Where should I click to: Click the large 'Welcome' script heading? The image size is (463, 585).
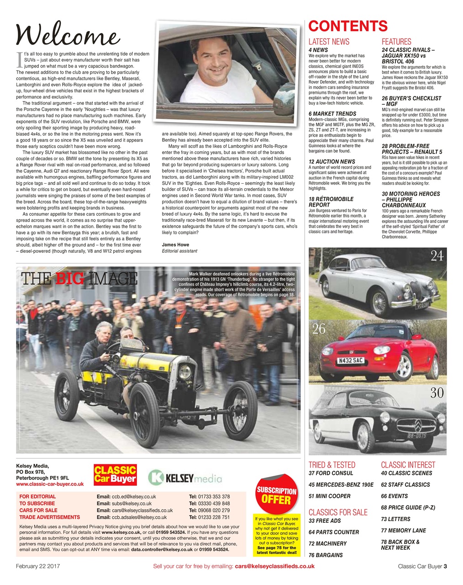point(68,34)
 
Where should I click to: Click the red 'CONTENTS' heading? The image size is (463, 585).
point(348,26)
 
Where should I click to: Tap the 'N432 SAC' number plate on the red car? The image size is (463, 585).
point(351,361)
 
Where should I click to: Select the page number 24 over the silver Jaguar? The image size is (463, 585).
point(437,256)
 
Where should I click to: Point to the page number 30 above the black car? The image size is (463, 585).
point(437,393)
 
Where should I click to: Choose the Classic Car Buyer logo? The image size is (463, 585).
point(115,474)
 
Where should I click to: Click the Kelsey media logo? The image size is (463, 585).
point(185,478)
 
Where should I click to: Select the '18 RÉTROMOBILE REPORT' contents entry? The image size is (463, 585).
point(331,202)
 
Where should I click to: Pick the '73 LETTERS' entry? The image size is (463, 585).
point(395,519)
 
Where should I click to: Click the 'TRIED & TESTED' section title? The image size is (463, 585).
point(332,465)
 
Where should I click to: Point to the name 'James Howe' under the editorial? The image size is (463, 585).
point(175,245)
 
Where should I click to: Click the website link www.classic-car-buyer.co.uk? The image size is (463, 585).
point(50,484)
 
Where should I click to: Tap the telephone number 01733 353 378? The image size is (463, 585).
point(209,496)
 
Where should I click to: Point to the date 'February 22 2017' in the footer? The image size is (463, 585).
point(38,566)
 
